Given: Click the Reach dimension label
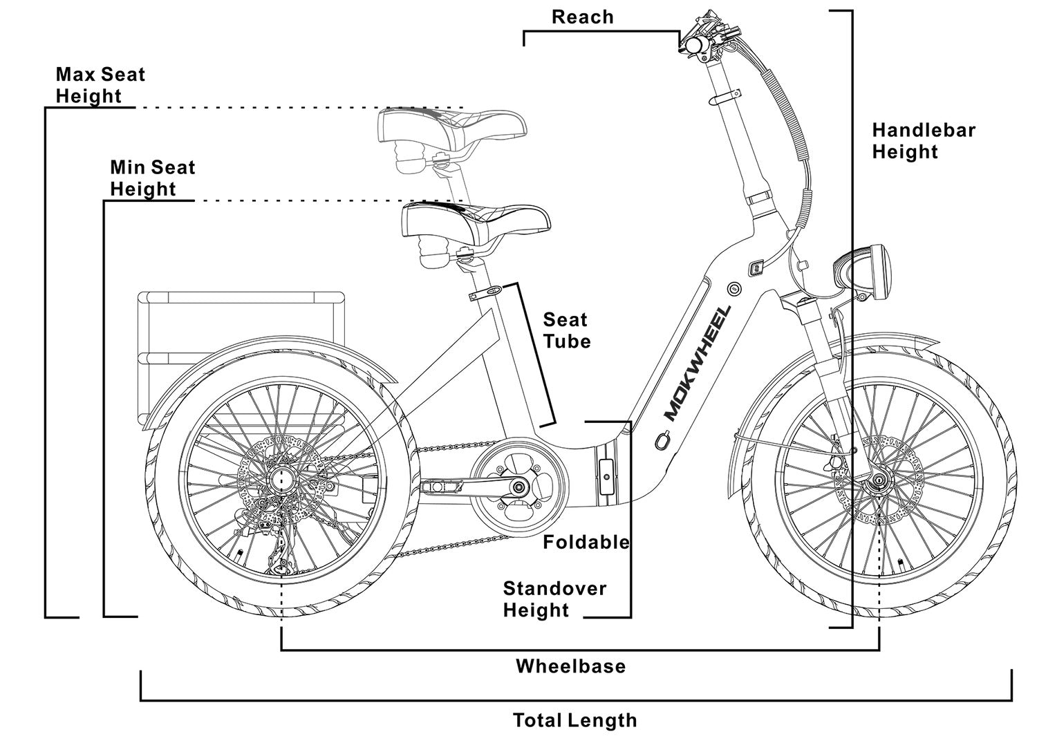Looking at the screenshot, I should (x=582, y=17).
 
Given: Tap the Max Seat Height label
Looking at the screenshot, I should (x=100, y=85).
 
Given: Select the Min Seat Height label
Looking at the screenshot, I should (x=152, y=178).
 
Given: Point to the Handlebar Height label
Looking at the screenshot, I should (x=923, y=141).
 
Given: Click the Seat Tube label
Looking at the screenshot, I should (x=567, y=330).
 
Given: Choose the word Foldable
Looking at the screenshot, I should (x=586, y=542).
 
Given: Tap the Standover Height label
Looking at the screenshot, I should (x=554, y=599).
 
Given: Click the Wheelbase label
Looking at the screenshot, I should (x=570, y=666).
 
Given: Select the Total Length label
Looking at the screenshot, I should (x=574, y=720).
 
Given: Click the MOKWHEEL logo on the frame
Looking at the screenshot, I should (x=696, y=363).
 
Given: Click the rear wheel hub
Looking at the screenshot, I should (x=283, y=477).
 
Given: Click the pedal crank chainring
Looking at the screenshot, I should (x=519, y=488).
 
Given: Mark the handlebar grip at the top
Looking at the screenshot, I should (x=693, y=44).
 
